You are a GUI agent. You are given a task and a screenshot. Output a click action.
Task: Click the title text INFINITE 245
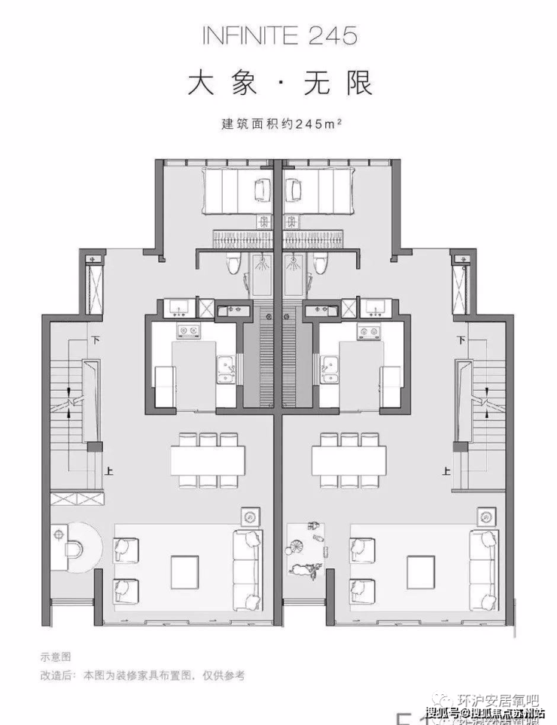[x=278, y=35]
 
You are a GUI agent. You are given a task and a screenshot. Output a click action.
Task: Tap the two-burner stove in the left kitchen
[x=186, y=331]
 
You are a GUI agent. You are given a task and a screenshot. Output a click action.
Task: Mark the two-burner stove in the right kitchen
[x=368, y=331]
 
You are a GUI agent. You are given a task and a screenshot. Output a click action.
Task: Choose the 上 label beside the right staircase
[x=448, y=472]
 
